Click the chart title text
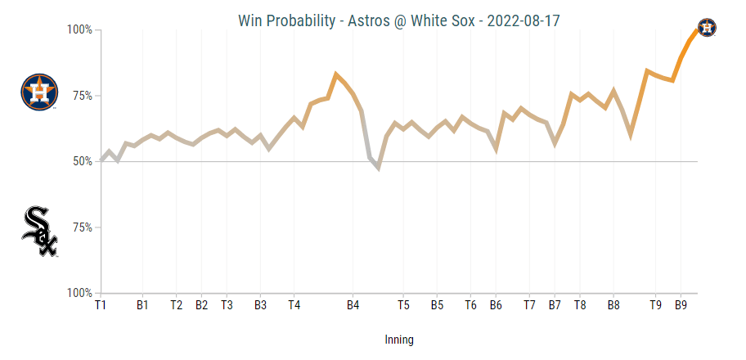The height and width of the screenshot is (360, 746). point(399,20)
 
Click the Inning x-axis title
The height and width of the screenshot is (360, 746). point(399,340)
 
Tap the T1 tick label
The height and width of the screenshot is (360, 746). point(101,305)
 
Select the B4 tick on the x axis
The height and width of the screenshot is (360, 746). point(353,305)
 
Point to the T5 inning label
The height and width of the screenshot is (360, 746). point(404,305)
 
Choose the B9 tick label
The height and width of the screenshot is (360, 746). point(681,305)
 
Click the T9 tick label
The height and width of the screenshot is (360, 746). point(655,305)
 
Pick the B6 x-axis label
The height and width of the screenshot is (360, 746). point(496,305)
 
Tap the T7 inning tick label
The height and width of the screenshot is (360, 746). point(529,305)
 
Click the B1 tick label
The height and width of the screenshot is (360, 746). point(142,305)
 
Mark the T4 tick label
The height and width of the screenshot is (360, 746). point(294,305)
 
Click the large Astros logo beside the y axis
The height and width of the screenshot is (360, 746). point(39,92)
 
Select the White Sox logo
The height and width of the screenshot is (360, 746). point(39,232)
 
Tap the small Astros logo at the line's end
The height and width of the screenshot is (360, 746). point(707,28)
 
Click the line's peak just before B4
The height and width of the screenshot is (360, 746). point(335,74)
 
